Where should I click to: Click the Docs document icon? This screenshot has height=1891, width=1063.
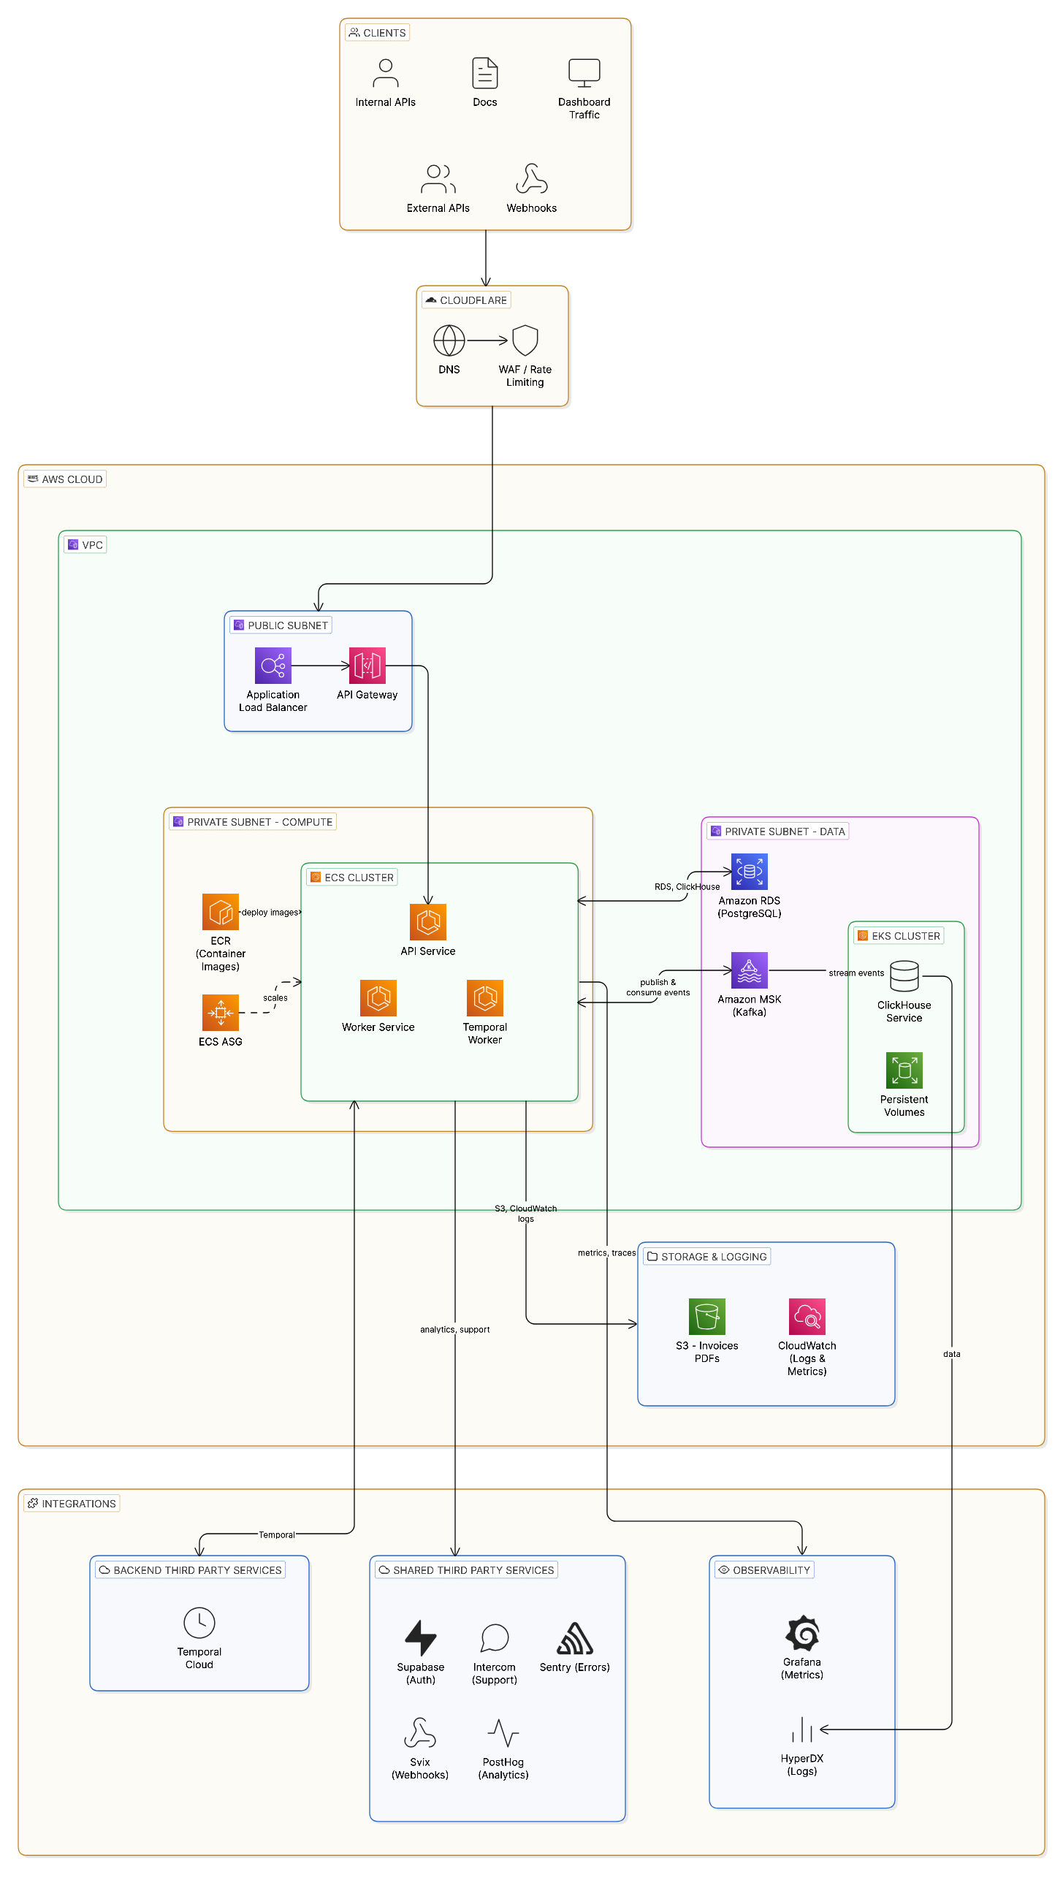click(x=484, y=72)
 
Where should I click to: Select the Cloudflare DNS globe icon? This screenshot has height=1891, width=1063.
click(x=449, y=340)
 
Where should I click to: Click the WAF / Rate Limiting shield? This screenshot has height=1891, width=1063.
click(x=525, y=340)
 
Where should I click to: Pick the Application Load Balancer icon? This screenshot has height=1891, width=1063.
click(x=273, y=666)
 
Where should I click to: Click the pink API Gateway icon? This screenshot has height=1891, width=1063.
click(x=367, y=666)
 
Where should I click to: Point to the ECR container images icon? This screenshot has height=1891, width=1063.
click(x=220, y=912)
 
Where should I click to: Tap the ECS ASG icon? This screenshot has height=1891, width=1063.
click(x=220, y=1012)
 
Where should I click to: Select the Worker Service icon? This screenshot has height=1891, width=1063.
click(x=378, y=997)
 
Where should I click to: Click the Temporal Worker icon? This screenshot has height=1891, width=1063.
click(x=484, y=997)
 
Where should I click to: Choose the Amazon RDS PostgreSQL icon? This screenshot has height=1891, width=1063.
click(x=749, y=872)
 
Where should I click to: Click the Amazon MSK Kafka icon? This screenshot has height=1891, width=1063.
click(x=749, y=970)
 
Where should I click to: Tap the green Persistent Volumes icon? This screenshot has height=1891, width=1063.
click(x=904, y=1070)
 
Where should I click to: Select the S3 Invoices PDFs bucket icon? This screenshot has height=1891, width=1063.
click(x=706, y=1316)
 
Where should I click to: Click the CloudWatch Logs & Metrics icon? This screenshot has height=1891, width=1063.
click(x=807, y=1316)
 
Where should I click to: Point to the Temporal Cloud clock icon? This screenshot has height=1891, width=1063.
click(x=199, y=1622)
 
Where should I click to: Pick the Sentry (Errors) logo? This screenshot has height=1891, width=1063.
click(x=574, y=1637)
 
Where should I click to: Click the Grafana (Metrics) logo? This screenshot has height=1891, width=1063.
click(x=801, y=1632)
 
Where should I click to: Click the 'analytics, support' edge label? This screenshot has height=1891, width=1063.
click(x=454, y=1329)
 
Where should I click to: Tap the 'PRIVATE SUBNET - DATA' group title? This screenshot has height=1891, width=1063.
click(x=783, y=831)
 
